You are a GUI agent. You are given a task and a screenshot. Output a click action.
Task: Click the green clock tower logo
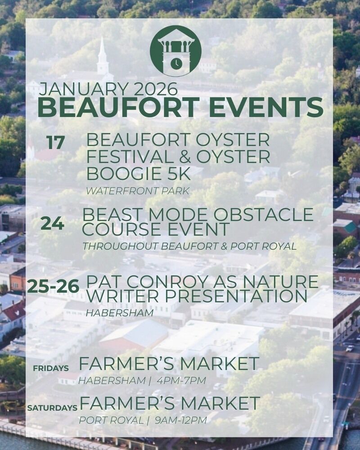pos(175,51)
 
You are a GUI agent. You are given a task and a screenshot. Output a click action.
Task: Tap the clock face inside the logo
pos(175,63)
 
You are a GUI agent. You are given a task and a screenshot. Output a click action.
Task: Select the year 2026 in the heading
pos(156,89)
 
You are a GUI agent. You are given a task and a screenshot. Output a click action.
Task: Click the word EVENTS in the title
pos(266,107)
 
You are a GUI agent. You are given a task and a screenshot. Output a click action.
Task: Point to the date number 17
pos(55,143)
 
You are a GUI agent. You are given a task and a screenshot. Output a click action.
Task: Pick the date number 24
pos(52,223)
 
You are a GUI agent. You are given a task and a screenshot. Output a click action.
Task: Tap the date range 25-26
pos(53,287)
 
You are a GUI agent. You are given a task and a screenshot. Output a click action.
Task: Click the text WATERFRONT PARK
pos(138,191)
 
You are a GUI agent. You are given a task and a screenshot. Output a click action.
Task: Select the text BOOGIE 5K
pos(139,174)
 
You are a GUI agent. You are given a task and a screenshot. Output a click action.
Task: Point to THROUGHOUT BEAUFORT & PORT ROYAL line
pos(189,246)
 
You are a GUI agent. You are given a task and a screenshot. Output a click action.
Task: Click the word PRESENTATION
pos(236,296)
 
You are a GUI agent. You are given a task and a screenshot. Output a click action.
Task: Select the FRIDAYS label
pos(51,368)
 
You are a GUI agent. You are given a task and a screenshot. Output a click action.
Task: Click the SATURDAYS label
pos(52,408)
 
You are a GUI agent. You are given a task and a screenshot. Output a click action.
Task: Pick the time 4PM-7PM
pos(181,381)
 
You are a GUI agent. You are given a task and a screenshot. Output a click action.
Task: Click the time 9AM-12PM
pos(180,420)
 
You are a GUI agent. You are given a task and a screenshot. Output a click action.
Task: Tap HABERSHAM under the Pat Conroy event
pos(120,313)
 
